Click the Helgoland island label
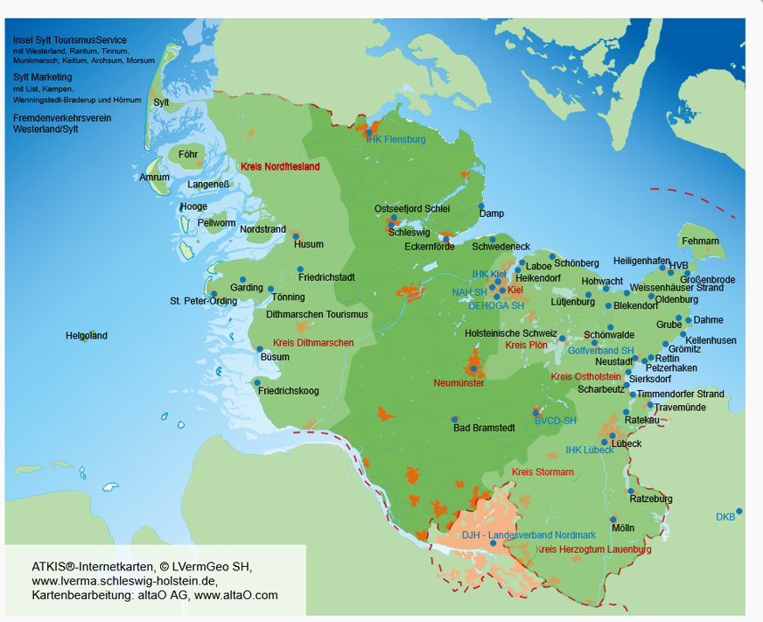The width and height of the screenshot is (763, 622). point(87,336)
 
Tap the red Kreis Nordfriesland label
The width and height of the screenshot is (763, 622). point(280,166)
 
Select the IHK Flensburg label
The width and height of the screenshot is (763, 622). point(395,139)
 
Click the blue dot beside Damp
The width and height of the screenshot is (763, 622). point(481,206)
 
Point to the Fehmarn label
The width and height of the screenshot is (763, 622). point(700,241)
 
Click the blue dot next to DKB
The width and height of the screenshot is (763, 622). point(739,511)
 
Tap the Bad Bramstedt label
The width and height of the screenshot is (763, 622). point(480,428)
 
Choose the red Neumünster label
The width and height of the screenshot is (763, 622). point(458,383)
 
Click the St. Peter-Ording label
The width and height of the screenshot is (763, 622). point(203,301)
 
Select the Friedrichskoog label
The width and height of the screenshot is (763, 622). point(288,391)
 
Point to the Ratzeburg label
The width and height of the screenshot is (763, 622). point(651,499)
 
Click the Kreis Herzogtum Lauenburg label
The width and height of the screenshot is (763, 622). point(593,549)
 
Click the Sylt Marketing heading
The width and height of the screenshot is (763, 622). point(42,77)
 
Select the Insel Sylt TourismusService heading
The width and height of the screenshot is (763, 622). point(70,40)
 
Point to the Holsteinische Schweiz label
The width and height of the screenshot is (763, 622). point(510,333)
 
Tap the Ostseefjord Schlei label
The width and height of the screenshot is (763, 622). point(412,209)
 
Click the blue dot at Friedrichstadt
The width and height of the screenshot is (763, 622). point(300,269)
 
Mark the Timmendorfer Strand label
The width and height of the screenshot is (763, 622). point(680,394)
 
